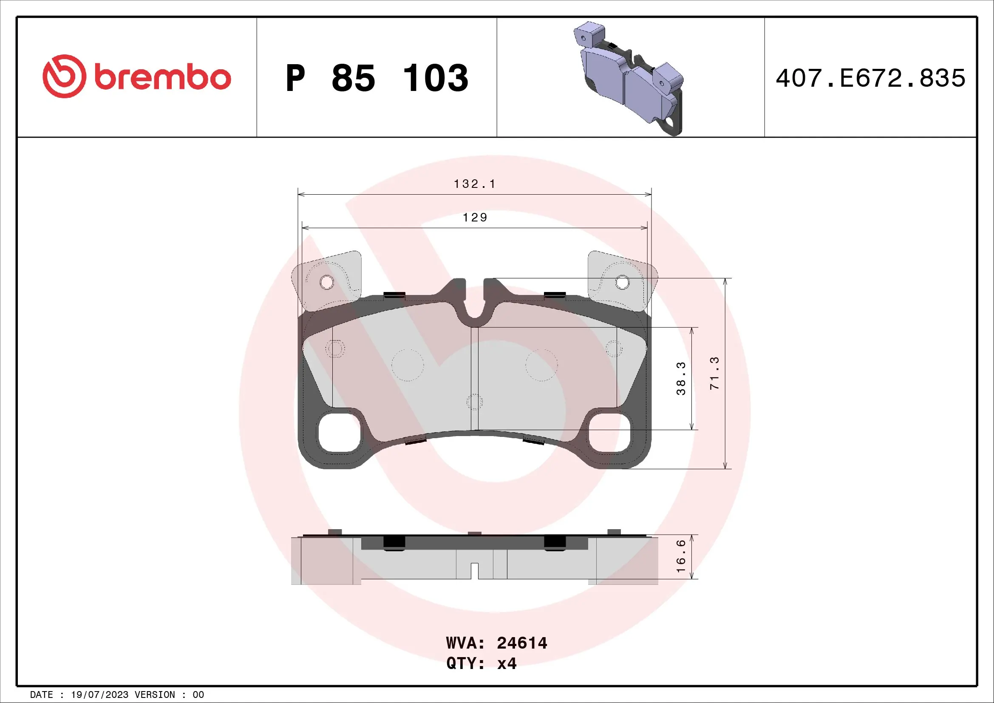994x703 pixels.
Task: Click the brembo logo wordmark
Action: [x=163, y=77]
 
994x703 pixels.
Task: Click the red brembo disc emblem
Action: [x=64, y=76]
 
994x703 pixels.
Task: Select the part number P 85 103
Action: [x=377, y=78]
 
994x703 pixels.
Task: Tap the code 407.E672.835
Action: [x=870, y=78]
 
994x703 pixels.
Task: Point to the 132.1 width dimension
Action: [x=474, y=184]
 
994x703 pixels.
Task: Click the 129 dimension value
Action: [x=475, y=217]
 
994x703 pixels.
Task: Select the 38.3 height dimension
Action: [x=681, y=378]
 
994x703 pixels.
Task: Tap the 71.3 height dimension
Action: [x=714, y=373]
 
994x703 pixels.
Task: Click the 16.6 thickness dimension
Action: [x=681, y=556]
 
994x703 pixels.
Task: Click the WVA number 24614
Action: [x=522, y=643]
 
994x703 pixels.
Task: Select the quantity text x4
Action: [x=507, y=663]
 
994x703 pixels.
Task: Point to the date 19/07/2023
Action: [x=99, y=695]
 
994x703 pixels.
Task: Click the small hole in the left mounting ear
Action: [x=327, y=283]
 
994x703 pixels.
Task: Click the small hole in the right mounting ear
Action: [x=622, y=283]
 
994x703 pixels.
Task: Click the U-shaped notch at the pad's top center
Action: [x=475, y=305]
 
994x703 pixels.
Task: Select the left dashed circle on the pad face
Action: [x=408, y=365]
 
